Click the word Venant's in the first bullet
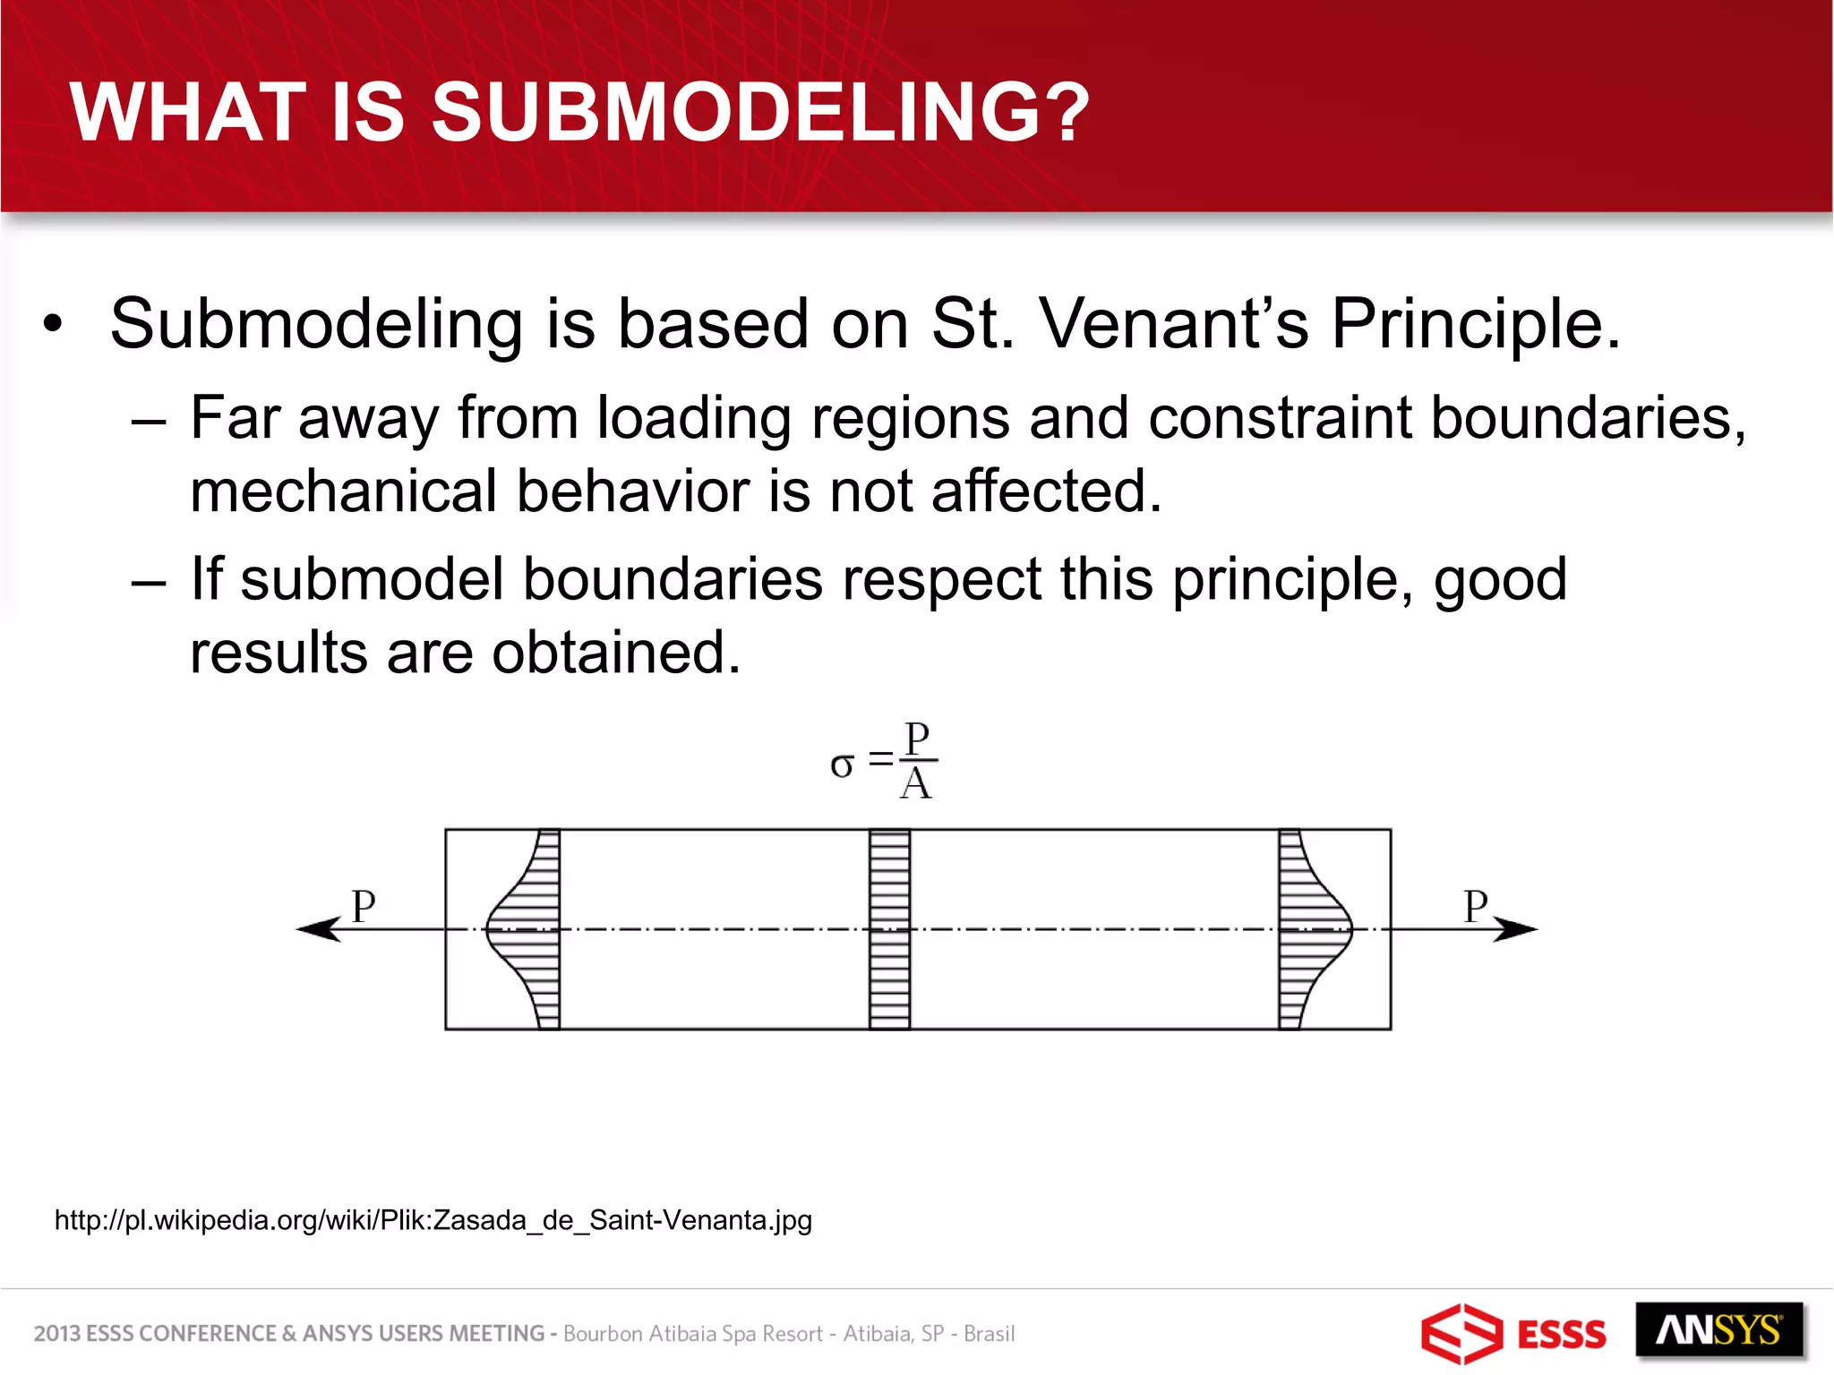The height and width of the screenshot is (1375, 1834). tap(1173, 323)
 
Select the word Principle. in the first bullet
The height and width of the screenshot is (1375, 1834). tap(1476, 323)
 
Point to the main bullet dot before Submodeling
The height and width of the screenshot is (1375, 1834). tap(54, 324)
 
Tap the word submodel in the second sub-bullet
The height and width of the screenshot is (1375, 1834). tap(372, 579)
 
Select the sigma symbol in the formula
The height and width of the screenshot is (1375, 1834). tap(842, 765)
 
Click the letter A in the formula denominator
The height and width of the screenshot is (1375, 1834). tap(916, 785)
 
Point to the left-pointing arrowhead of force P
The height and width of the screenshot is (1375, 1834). tap(319, 929)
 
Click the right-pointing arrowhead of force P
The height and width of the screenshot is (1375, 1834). tap(1515, 929)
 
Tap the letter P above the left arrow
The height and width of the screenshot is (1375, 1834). tap(363, 906)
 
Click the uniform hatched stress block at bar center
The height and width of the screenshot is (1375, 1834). tap(889, 929)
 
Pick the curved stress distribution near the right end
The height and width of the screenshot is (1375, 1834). tap(1312, 929)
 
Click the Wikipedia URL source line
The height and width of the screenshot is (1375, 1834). tap(433, 1220)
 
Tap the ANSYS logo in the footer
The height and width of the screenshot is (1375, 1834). tap(1718, 1330)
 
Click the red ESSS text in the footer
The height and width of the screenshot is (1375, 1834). tap(1561, 1335)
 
